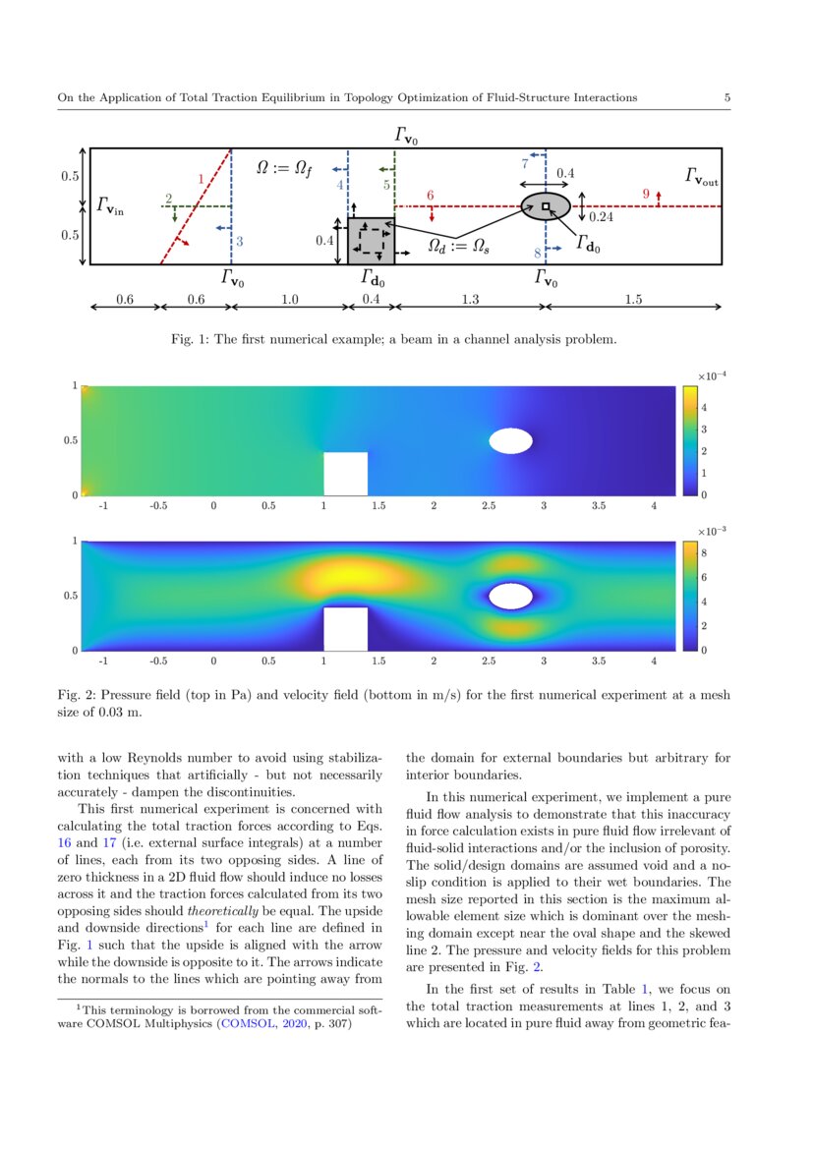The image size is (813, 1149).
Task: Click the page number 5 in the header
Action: (x=726, y=97)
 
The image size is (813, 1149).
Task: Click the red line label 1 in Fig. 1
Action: (x=201, y=180)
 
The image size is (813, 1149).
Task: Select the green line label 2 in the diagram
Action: (x=169, y=199)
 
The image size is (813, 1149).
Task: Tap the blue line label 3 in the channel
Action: (x=239, y=241)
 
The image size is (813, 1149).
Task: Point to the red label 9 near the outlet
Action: (x=646, y=194)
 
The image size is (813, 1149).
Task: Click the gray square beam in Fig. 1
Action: (x=372, y=241)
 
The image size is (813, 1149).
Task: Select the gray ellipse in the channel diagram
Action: (x=546, y=205)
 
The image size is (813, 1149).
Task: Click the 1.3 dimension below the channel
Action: (x=470, y=300)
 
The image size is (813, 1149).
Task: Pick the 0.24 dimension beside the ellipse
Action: (x=601, y=216)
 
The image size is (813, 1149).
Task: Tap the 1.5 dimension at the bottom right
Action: (x=633, y=300)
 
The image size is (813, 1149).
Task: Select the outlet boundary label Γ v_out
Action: (x=702, y=177)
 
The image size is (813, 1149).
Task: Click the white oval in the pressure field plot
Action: (x=511, y=440)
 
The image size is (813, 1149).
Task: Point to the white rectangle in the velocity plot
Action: (x=346, y=628)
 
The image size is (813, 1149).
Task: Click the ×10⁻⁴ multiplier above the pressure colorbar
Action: (x=711, y=375)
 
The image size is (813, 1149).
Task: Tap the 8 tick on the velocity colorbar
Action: (x=703, y=554)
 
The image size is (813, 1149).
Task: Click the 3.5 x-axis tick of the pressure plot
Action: (x=599, y=509)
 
